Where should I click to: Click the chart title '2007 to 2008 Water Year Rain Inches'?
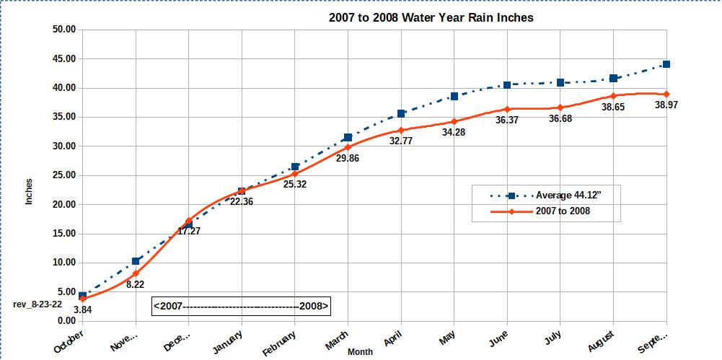431,17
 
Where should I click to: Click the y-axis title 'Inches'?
30,192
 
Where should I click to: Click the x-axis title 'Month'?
361,352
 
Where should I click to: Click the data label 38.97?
666,105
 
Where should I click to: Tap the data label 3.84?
84,309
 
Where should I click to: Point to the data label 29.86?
348,159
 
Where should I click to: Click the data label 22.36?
241,202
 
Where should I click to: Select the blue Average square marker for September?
666,64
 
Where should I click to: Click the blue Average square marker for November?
136,261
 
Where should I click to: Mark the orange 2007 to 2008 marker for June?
507,109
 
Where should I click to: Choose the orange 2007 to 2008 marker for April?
401,130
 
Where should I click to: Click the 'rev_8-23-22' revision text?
37,304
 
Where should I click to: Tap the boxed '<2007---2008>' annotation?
241,306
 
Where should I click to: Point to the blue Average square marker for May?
454,96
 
